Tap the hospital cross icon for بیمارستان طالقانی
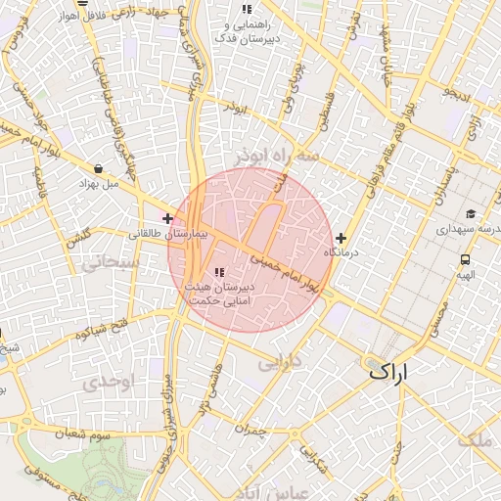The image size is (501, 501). (168, 218)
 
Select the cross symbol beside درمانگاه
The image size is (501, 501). (341, 237)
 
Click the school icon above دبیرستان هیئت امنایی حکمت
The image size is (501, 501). (218, 272)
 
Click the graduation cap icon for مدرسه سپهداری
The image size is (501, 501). (471, 214)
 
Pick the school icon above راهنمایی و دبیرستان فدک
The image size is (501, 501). (246, 10)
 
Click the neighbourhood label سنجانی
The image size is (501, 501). (109, 261)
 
